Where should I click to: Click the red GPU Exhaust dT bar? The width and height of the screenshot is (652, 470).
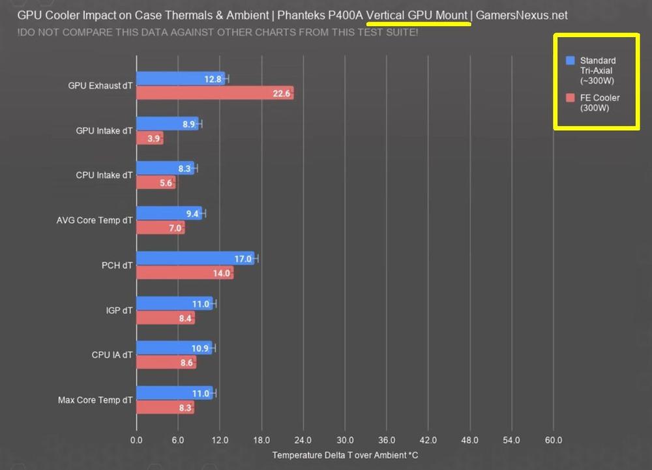click(215, 93)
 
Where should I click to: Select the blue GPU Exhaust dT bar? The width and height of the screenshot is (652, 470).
click(181, 79)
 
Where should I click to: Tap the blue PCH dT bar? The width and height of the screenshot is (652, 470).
click(195, 259)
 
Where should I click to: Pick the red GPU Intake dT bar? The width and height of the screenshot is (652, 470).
click(150, 138)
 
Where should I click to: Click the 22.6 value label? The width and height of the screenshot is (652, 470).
click(282, 93)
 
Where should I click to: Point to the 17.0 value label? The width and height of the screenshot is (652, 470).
click(243, 259)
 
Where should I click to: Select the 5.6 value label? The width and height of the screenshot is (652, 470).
click(166, 183)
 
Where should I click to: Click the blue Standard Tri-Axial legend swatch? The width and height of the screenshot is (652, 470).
click(570, 61)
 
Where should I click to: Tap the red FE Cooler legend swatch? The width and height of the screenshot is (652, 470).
click(570, 98)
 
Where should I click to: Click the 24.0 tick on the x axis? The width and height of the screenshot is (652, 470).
click(303, 440)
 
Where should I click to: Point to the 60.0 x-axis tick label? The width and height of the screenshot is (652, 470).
click(554, 440)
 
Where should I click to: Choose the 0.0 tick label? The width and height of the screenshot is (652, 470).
click(136, 440)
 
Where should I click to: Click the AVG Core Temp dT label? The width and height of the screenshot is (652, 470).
click(95, 220)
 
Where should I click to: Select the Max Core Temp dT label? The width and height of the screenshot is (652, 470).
click(95, 400)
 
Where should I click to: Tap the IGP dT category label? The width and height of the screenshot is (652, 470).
click(118, 310)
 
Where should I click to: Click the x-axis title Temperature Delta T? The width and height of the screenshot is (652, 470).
click(345, 454)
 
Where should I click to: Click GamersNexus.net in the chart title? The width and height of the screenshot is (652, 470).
click(522, 14)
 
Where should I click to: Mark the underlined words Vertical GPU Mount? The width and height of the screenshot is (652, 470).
click(417, 14)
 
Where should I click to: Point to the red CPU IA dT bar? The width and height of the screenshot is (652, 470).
click(166, 362)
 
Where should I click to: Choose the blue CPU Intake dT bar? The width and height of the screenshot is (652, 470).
click(165, 169)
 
